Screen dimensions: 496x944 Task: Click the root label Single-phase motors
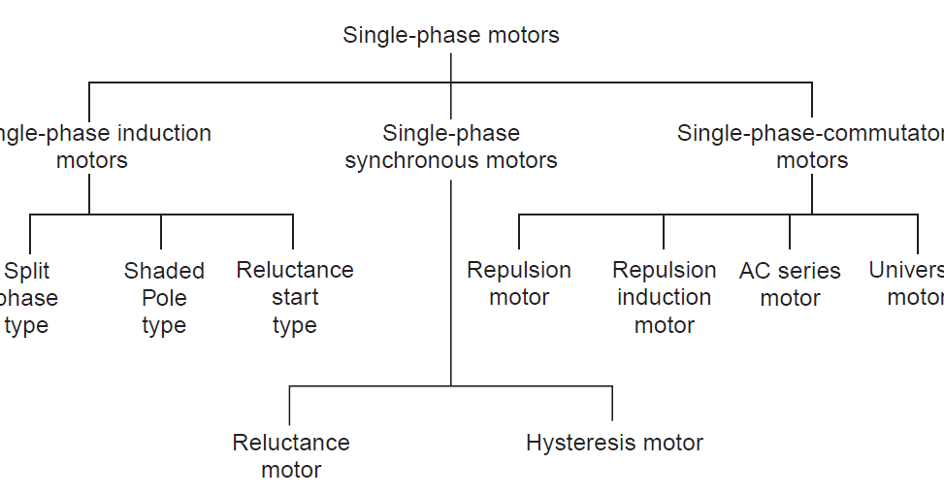pos(451,36)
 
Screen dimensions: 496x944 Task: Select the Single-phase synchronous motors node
pos(451,147)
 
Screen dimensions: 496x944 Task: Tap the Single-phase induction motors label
pos(97,147)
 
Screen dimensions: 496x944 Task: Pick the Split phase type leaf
pos(26,298)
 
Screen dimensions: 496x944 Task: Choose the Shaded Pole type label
pos(164,298)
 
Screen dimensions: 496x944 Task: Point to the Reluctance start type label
pos(294,297)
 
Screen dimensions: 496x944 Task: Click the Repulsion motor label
pos(519,283)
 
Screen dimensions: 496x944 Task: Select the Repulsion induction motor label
pos(665,297)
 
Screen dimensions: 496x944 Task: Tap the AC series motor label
pos(790,284)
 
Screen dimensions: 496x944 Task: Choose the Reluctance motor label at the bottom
pos(291,456)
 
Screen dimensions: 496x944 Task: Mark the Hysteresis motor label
pos(614,444)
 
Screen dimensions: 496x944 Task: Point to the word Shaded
pos(164,271)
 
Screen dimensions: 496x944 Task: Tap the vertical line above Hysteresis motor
pos(612,403)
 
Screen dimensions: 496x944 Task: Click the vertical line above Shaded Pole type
pos(161,231)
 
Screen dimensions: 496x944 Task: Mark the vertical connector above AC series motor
pos(790,231)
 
